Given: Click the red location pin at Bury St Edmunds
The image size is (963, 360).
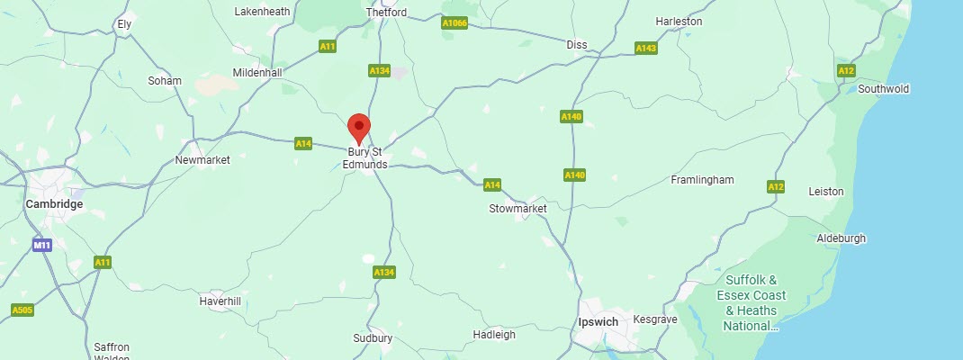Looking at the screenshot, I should (x=359, y=127).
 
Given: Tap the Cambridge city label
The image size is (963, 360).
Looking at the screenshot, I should (x=54, y=204).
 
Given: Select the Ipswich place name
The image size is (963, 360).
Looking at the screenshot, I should (x=598, y=321).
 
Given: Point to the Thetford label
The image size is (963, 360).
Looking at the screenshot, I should (x=387, y=13).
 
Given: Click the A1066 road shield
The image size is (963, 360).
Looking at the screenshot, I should (x=454, y=23).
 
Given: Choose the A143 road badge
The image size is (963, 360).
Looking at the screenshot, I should (x=645, y=48).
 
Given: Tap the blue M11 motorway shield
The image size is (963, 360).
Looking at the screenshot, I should (x=41, y=245).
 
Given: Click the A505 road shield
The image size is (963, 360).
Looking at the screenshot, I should (x=22, y=310).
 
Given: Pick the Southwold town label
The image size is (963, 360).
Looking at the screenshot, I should (x=884, y=89).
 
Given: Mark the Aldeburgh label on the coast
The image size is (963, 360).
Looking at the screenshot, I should (x=841, y=238).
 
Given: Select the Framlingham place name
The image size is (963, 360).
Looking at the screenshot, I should (x=702, y=180).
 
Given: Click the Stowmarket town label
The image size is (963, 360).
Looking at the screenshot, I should (x=517, y=209).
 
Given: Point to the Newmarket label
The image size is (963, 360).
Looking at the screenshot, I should (x=202, y=159).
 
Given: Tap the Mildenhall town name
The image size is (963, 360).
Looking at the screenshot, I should (x=257, y=72).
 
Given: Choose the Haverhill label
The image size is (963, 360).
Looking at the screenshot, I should (x=220, y=301).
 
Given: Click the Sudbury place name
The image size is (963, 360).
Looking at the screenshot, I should (x=373, y=338).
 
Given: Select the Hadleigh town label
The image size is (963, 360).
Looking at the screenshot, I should (x=494, y=335).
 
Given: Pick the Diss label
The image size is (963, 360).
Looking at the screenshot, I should (x=577, y=44).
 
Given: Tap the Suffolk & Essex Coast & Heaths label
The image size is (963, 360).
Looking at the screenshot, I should (x=751, y=302).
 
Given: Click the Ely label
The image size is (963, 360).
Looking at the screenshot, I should (x=124, y=23).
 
